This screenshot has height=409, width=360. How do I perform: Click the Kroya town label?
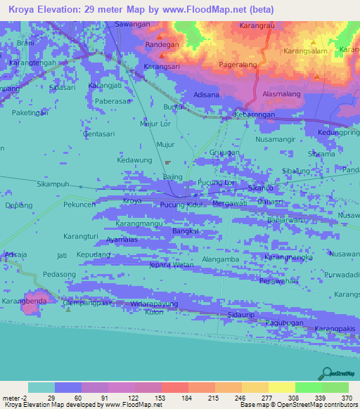tap(132, 201)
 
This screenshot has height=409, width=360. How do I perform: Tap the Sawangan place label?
tap(133, 24)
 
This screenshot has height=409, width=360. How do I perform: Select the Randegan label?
tap(162, 44)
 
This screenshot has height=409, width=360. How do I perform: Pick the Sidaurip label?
tap(240, 316)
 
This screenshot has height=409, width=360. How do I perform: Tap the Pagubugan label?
tap(285, 323)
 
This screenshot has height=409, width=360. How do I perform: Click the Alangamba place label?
tap(221, 259)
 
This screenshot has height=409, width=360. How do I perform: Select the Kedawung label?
tap(134, 160)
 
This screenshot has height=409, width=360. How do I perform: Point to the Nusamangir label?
tap(276, 139)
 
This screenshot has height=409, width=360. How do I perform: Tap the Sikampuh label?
tap(53, 184)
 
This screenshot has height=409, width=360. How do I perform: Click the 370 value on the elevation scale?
tap(347, 398)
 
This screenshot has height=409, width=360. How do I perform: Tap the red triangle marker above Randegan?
tap(162, 35)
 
